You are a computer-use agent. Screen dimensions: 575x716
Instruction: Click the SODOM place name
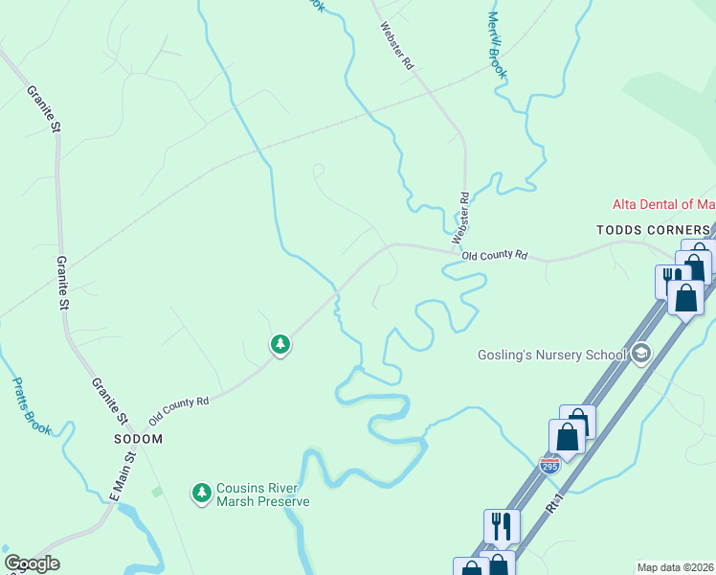point(138,438)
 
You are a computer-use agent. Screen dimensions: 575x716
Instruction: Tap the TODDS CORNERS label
point(654,230)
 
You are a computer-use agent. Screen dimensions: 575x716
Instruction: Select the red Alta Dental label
point(664,204)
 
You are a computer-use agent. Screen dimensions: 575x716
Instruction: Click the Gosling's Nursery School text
point(552,356)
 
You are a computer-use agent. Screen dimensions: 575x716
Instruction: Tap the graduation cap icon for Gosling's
point(640,355)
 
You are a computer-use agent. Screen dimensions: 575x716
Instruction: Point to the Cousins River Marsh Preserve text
point(262,494)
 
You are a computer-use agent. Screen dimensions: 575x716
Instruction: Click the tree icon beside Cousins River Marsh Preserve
point(201,493)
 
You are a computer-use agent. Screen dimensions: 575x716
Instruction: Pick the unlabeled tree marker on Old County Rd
point(280,343)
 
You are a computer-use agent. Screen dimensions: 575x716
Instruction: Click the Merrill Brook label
point(496,45)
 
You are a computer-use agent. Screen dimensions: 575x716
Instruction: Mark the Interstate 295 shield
point(549,466)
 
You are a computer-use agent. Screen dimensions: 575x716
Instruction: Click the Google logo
point(32,563)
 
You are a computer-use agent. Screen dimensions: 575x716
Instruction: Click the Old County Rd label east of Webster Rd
point(495,256)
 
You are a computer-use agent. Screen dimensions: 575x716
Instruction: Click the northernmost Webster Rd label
point(395,46)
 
